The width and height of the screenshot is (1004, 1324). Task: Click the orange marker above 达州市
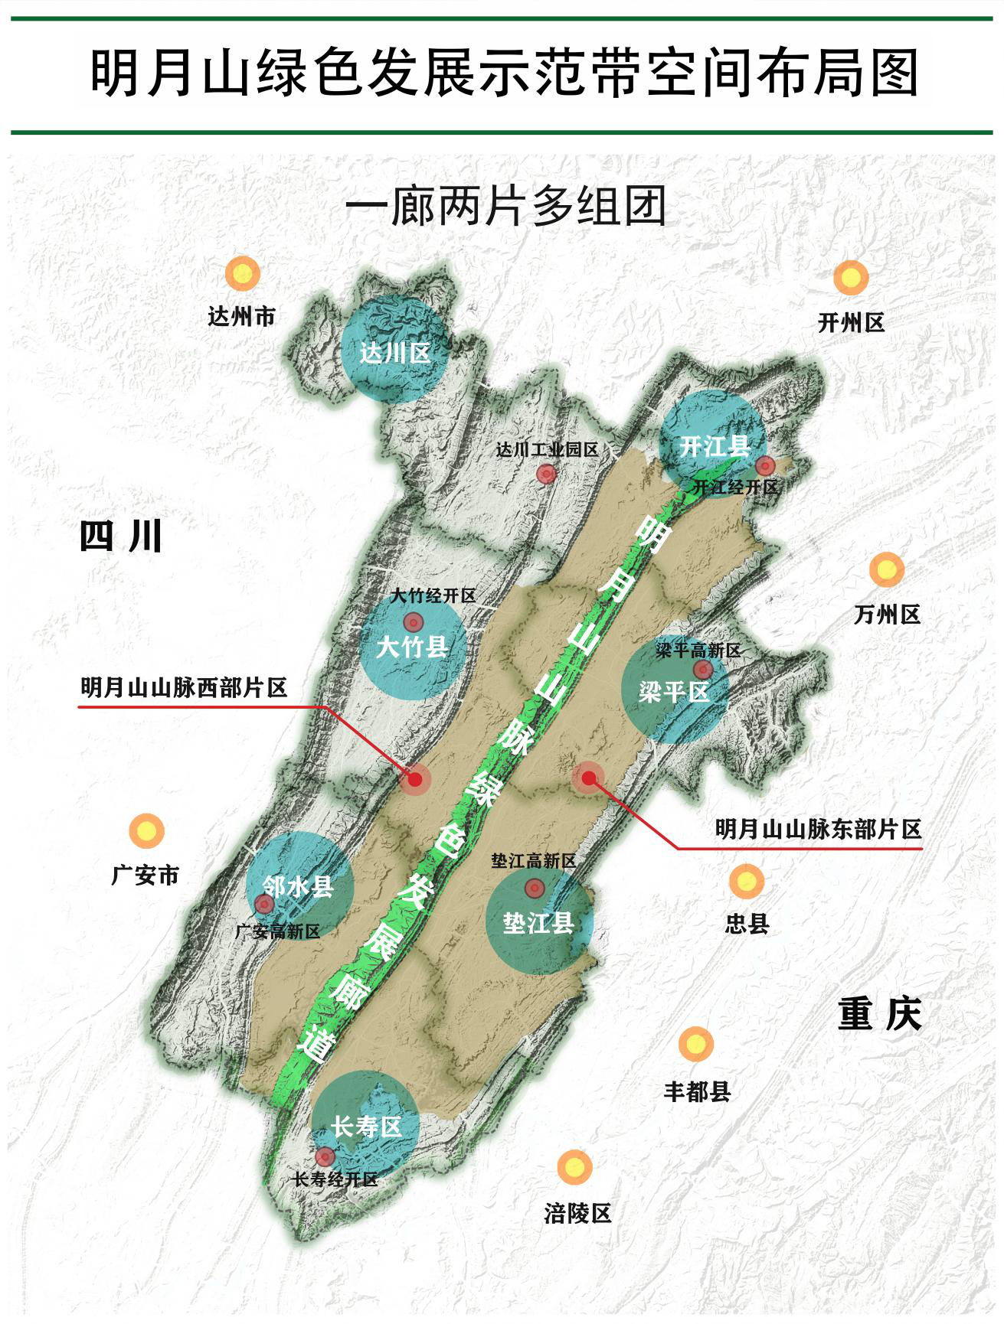click(x=242, y=273)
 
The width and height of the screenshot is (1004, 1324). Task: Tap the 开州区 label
click(x=851, y=323)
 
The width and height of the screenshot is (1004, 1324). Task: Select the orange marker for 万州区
click(x=886, y=569)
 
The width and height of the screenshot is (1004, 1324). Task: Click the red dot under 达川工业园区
click(x=546, y=474)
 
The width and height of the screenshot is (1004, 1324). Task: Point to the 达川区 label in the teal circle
click(x=395, y=353)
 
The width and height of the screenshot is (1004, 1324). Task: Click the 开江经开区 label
click(x=735, y=488)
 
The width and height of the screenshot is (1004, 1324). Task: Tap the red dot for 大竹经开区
click(x=414, y=621)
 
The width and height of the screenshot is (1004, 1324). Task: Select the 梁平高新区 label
click(x=698, y=651)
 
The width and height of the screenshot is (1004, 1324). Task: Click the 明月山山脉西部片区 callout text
click(x=184, y=687)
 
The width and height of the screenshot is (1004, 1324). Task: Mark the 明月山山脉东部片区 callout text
click(x=818, y=829)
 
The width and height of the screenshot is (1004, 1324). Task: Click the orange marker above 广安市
click(x=146, y=830)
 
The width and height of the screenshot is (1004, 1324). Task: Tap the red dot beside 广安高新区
click(x=264, y=904)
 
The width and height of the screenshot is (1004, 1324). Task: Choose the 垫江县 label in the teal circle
click(x=538, y=923)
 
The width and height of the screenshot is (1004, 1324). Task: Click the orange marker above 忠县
click(x=746, y=882)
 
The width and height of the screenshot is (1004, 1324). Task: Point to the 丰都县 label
click(x=697, y=1091)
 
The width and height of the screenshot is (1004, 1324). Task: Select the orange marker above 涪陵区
click(x=574, y=1167)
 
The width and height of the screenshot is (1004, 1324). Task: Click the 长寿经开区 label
click(x=335, y=1179)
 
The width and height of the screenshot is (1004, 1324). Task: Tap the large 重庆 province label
click(x=879, y=1015)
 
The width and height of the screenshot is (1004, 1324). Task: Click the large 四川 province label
click(x=121, y=536)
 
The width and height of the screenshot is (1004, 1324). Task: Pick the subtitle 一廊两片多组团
click(x=505, y=207)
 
